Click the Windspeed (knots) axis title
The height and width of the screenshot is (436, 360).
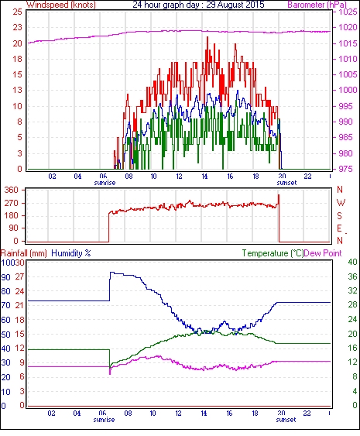coord(61,5)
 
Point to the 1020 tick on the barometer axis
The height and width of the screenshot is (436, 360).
coord(348,28)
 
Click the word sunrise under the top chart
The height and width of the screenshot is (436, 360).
coord(105,183)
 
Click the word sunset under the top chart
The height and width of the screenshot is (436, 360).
coord(286,183)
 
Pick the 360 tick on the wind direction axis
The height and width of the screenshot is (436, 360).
coord(12,191)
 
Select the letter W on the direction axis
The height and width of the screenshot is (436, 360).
coord(341,203)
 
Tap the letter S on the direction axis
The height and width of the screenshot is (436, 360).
coord(339,215)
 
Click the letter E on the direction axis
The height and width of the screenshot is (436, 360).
coord(339,228)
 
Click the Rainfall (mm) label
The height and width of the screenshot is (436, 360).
coord(24,253)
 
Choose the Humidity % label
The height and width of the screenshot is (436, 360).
coord(71,253)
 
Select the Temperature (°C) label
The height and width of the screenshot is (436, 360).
coord(273,253)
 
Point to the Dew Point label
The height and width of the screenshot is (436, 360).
coord(323,253)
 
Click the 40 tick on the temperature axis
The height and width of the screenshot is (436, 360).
coord(353,262)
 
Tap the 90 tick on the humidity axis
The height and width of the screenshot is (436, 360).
coord(6,277)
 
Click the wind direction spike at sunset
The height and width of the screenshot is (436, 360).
coord(279,200)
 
